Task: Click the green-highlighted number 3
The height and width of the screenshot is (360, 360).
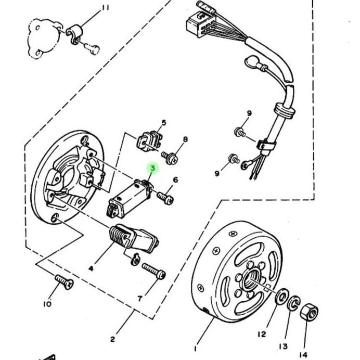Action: pyautogui.click(x=152, y=168)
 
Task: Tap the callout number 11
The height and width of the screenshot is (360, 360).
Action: pyautogui.click(x=106, y=8)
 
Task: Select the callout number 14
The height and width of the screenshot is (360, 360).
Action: pyautogui.click(x=303, y=355)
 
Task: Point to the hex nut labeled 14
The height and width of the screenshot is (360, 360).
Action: pyautogui.click(x=309, y=312)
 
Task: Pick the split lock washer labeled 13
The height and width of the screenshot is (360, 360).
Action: pyautogui.click(x=293, y=303)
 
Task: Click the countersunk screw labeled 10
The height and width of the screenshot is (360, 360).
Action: pyautogui.click(x=64, y=282)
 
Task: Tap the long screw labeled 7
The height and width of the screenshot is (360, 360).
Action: pyautogui.click(x=153, y=271)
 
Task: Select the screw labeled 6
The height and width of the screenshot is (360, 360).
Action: pyautogui.click(x=165, y=198)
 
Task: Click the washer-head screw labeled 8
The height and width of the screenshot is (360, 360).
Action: pyautogui.click(x=170, y=158)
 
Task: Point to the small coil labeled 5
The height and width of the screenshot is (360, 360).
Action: pyautogui.click(x=149, y=141)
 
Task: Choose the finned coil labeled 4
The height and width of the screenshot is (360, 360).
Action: pyautogui.click(x=134, y=238)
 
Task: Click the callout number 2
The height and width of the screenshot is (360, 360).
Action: pyautogui.click(x=112, y=339)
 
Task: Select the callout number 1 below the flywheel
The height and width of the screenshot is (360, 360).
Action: pyautogui.click(x=195, y=349)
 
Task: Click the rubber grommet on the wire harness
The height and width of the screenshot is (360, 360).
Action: pyautogui.click(x=285, y=110)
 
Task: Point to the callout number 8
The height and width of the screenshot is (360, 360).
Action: pyautogui.click(x=185, y=139)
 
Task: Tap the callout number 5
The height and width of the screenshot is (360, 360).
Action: pyautogui.click(x=163, y=123)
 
